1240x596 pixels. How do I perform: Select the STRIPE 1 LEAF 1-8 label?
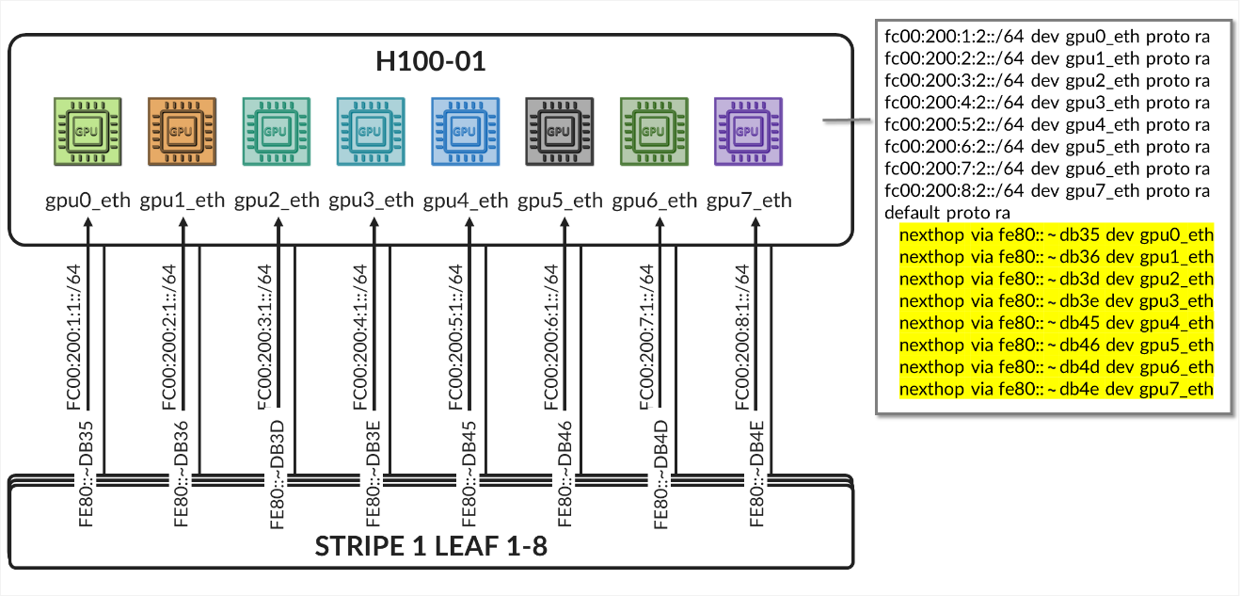pos(431,546)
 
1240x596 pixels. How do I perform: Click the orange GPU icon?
pos(182,132)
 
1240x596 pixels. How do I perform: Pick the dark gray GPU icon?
pos(559,132)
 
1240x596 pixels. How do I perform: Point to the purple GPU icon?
pos(747,132)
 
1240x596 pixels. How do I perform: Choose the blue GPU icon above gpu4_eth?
pos(465,132)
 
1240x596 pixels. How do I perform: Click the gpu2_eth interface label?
pos(277,201)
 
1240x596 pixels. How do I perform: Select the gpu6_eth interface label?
pos(655,201)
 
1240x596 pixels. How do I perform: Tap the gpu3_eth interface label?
pos(371,201)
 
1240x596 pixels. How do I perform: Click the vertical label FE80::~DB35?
pos(87,475)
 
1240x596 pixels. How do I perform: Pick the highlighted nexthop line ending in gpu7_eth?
pos(1056,389)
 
